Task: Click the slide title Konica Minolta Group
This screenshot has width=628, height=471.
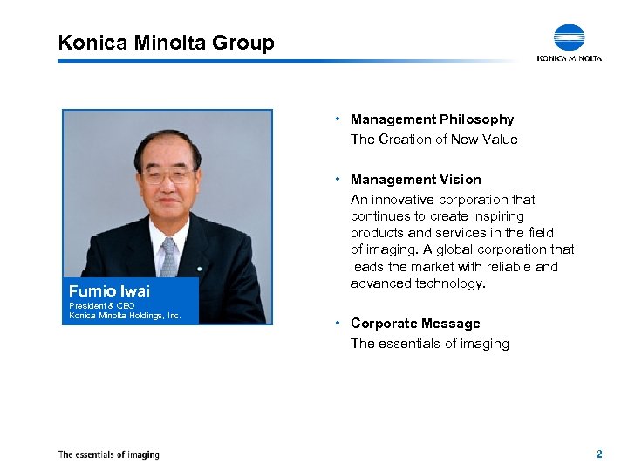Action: pyautogui.click(x=166, y=42)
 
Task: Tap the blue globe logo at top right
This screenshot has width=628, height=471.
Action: pyautogui.click(x=570, y=38)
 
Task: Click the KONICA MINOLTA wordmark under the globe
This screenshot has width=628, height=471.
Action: pyautogui.click(x=570, y=58)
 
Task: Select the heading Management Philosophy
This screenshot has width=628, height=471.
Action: pyautogui.click(x=432, y=119)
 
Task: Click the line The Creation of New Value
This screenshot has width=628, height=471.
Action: pyautogui.click(x=433, y=140)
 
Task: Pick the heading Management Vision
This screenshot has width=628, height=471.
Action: pyautogui.click(x=415, y=180)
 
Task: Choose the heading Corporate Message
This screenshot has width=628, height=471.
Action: pyautogui.click(x=415, y=324)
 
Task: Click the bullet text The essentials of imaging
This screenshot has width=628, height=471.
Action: pyautogui.click(x=429, y=344)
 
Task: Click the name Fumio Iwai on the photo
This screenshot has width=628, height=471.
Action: pyautogui.click(x=109, y=291)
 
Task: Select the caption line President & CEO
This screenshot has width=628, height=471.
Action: pyautogui.click(x=102, y=306)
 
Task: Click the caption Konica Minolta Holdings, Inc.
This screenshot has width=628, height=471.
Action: pyautogui.click(x=125, y=315)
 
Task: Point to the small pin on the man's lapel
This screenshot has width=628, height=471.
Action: pyautogui.click(x=200, y=266)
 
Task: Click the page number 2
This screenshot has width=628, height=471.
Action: pyautogui.click(x=599, y=454)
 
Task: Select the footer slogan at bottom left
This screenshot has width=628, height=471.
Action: pyautogui.click(x=108, y=454)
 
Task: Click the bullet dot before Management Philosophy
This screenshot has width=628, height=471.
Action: pyautogui.click(x=337, y=119)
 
